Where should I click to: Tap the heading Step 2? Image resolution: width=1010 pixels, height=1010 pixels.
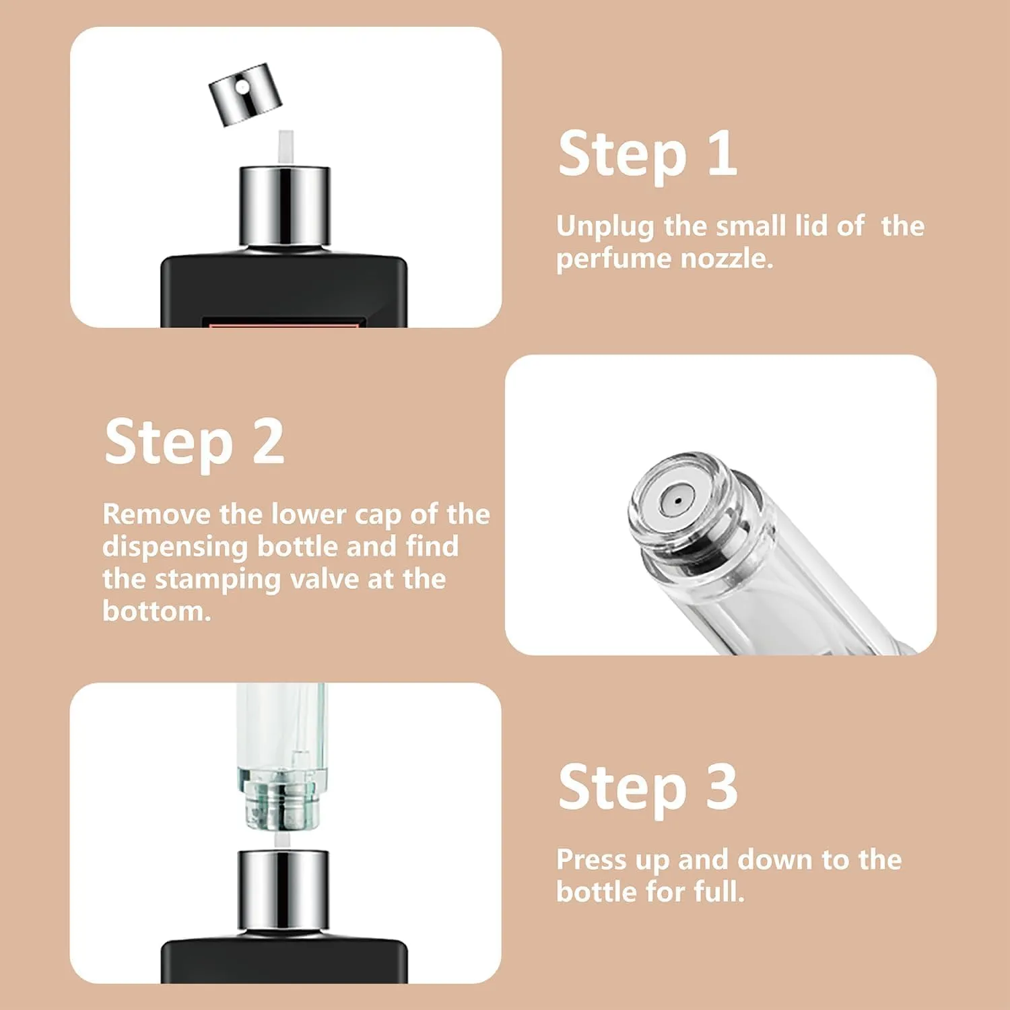[195, 443]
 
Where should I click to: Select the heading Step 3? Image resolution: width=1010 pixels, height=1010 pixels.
[648, 788]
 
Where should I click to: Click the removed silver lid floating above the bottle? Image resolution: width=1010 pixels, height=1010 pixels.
[245, 94]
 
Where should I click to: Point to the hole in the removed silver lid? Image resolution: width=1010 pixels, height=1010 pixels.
[240, 87]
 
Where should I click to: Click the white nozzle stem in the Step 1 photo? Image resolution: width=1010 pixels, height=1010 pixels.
[286, 147]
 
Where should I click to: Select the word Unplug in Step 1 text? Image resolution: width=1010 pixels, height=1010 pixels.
[605, 227]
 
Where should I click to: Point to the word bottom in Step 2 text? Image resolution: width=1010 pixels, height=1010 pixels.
[157, 611]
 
